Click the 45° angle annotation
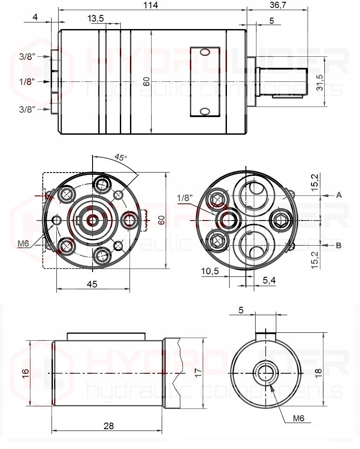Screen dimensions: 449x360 120,157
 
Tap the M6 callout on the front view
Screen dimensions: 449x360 23,243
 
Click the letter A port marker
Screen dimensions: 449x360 339,194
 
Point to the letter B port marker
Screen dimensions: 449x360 339,245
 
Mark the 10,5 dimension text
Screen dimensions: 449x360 210,271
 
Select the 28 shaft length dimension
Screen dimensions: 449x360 108,426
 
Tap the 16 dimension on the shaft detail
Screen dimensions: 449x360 26,372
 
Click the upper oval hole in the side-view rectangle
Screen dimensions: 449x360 205,52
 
